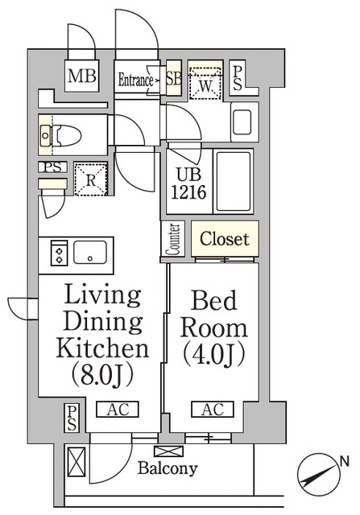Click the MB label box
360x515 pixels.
point(81,77)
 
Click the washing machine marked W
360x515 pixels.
point(204,80)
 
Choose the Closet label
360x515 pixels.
point(225,239)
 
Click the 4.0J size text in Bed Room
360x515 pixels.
point(212,352)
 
